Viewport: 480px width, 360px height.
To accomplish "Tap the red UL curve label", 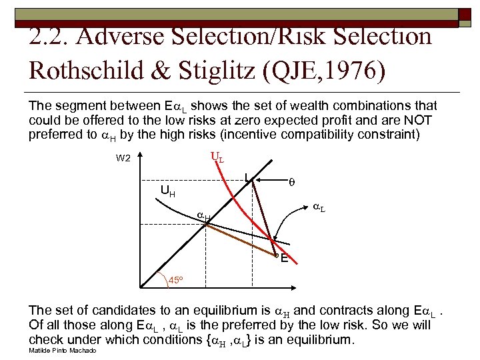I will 216,158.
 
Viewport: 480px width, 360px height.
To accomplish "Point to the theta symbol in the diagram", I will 290,181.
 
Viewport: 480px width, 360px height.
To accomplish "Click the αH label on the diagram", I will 204,216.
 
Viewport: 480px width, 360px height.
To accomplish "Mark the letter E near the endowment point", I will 285,259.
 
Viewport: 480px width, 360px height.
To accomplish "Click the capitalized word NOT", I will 419,120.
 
